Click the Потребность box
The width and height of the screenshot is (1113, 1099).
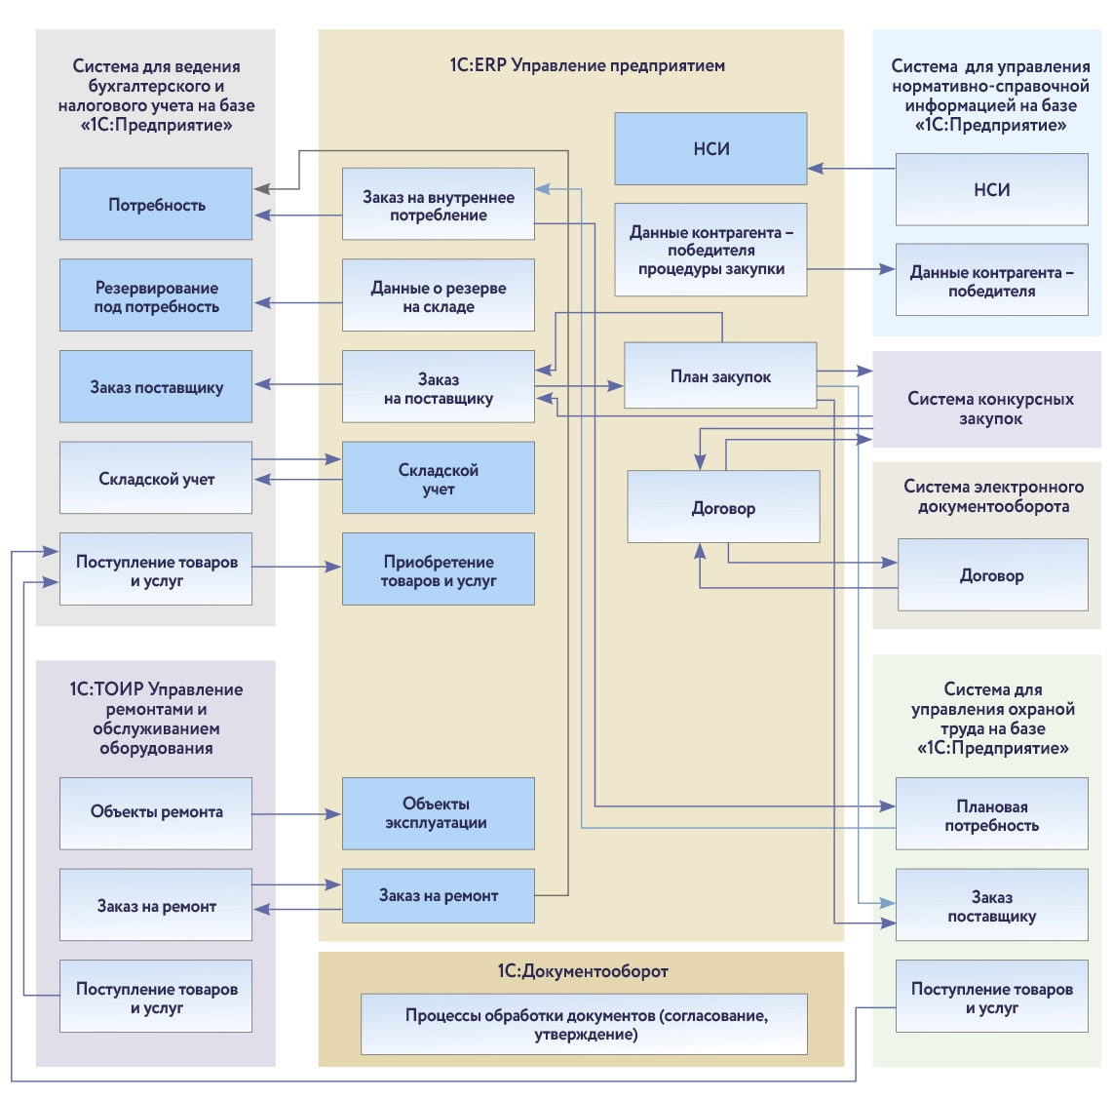tap(156, 204)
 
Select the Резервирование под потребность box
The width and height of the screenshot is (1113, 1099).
tap(156, 295)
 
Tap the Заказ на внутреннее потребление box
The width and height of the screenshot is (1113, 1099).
tap(438, 204)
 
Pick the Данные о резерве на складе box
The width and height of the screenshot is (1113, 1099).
tap(438, 295)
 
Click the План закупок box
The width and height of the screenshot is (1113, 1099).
tap(719, 375)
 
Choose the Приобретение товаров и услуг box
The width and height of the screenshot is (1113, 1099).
tap(438, 569)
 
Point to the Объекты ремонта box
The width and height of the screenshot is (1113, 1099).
tap(156, 812)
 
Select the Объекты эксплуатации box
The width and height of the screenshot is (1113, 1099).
tap(438, 812)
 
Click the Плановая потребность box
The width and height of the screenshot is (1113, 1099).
tap(991, 814)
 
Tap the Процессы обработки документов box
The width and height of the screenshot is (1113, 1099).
tap(584, 1024)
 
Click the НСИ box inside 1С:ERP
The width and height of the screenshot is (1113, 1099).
tap(710, 148)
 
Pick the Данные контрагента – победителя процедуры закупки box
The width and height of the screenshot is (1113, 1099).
tap(710, 250)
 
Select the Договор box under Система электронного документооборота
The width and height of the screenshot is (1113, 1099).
tap(992, 575)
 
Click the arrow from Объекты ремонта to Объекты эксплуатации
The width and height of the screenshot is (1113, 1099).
tap(297, 813)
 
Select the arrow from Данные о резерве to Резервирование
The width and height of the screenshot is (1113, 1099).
tap(297, 303)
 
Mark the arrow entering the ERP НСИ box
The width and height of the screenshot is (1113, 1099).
tap(851, 169)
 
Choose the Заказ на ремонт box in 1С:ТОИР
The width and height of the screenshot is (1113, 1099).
tap(156, 905)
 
